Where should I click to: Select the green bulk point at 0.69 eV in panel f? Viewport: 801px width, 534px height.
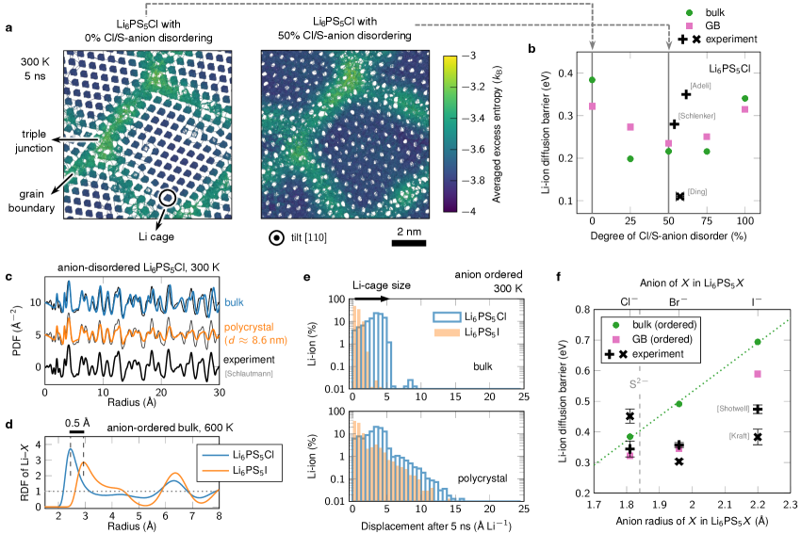(x=758, y=342)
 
